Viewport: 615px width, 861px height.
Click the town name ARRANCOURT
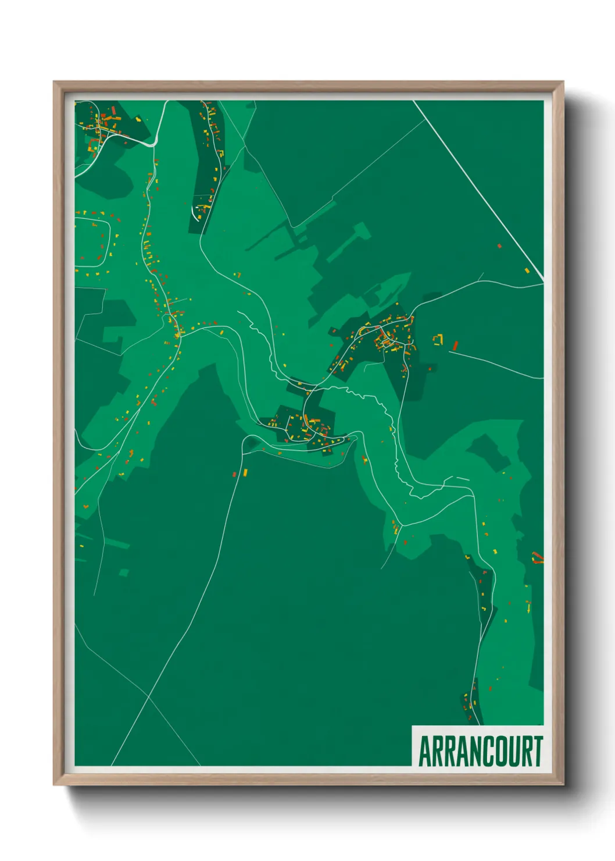coord(480,751)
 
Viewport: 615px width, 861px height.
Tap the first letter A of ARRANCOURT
coord(425,751)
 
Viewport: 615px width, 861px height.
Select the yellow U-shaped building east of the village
coord(438,339)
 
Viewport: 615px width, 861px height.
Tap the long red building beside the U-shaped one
coord(455,346)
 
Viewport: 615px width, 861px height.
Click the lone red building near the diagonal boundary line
coord(499,246)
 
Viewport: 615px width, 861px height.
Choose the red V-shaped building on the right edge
coord(538,559)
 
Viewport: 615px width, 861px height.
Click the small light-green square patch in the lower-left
coord(123,573)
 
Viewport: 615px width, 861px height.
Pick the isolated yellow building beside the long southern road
coord(245,471)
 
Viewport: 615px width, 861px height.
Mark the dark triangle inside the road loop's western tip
coord(251,444)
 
